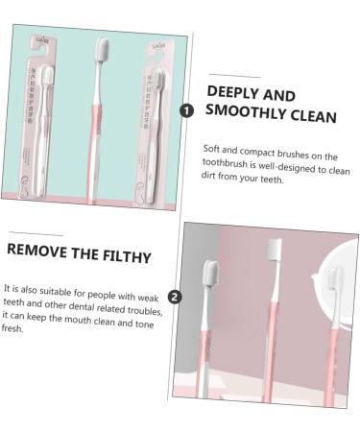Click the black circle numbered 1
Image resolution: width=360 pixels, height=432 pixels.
pyautogui.click(x=186, y=110)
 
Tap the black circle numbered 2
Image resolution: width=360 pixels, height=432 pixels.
pyautogui.click(x=174, y=297)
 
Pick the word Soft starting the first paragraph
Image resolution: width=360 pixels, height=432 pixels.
pyautogui.click(x=213, y=148)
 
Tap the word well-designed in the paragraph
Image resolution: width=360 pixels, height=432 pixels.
pyautogui.click(x=298, y=165)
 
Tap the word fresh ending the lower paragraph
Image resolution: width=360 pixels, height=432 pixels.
pyautogui.click(x=12, y=329)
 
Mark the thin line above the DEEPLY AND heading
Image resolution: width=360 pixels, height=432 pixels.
pyautogui.click(x=234, y=76)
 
